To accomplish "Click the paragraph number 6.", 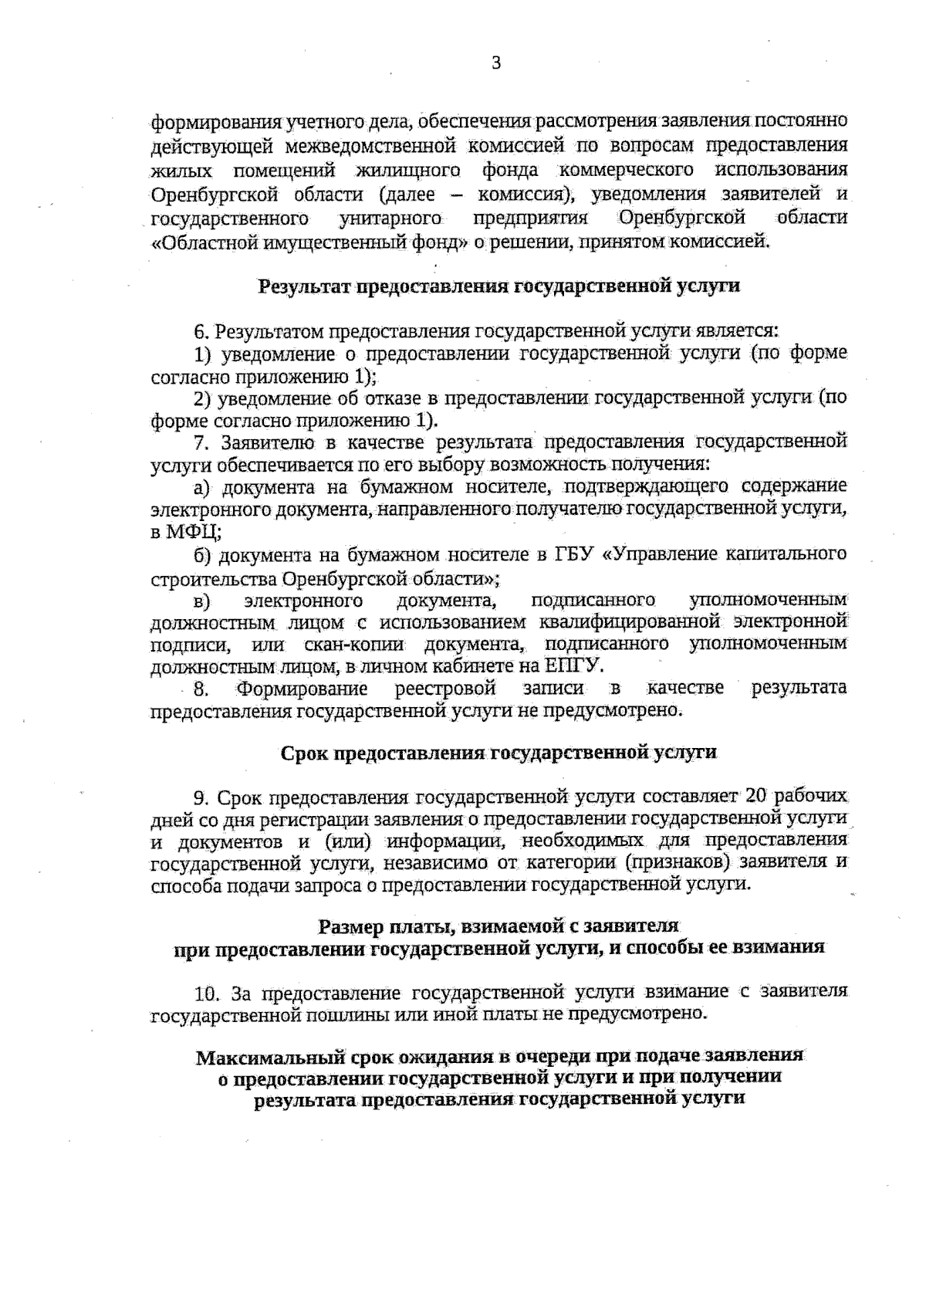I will click(x=201, y=332).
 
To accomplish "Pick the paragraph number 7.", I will click(x=201, y=443).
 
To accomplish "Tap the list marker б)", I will click(x=203, y=555).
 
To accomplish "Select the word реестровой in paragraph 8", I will click(x=444, y=688).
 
